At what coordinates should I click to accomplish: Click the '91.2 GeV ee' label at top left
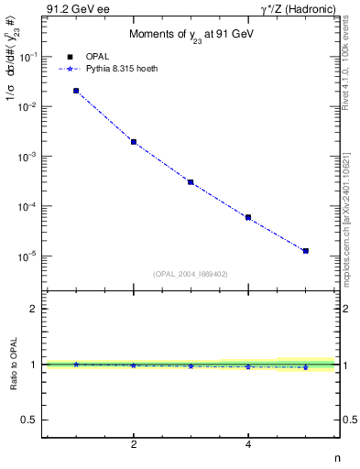point(74,10)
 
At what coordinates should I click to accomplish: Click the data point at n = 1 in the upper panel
point(76,91)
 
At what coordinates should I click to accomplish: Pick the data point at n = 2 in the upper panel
point(134,142)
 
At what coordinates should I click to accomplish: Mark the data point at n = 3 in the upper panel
point(191,182)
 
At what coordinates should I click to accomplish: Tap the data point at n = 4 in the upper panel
point(248,217)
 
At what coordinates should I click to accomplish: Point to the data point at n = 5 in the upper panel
point(306,250)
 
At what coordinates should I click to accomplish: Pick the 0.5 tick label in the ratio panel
point(29,420)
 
